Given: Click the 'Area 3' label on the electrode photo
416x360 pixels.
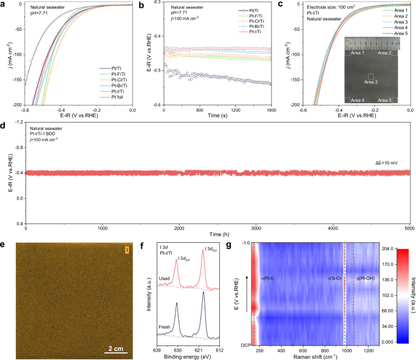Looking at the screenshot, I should tap(371, 81).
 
